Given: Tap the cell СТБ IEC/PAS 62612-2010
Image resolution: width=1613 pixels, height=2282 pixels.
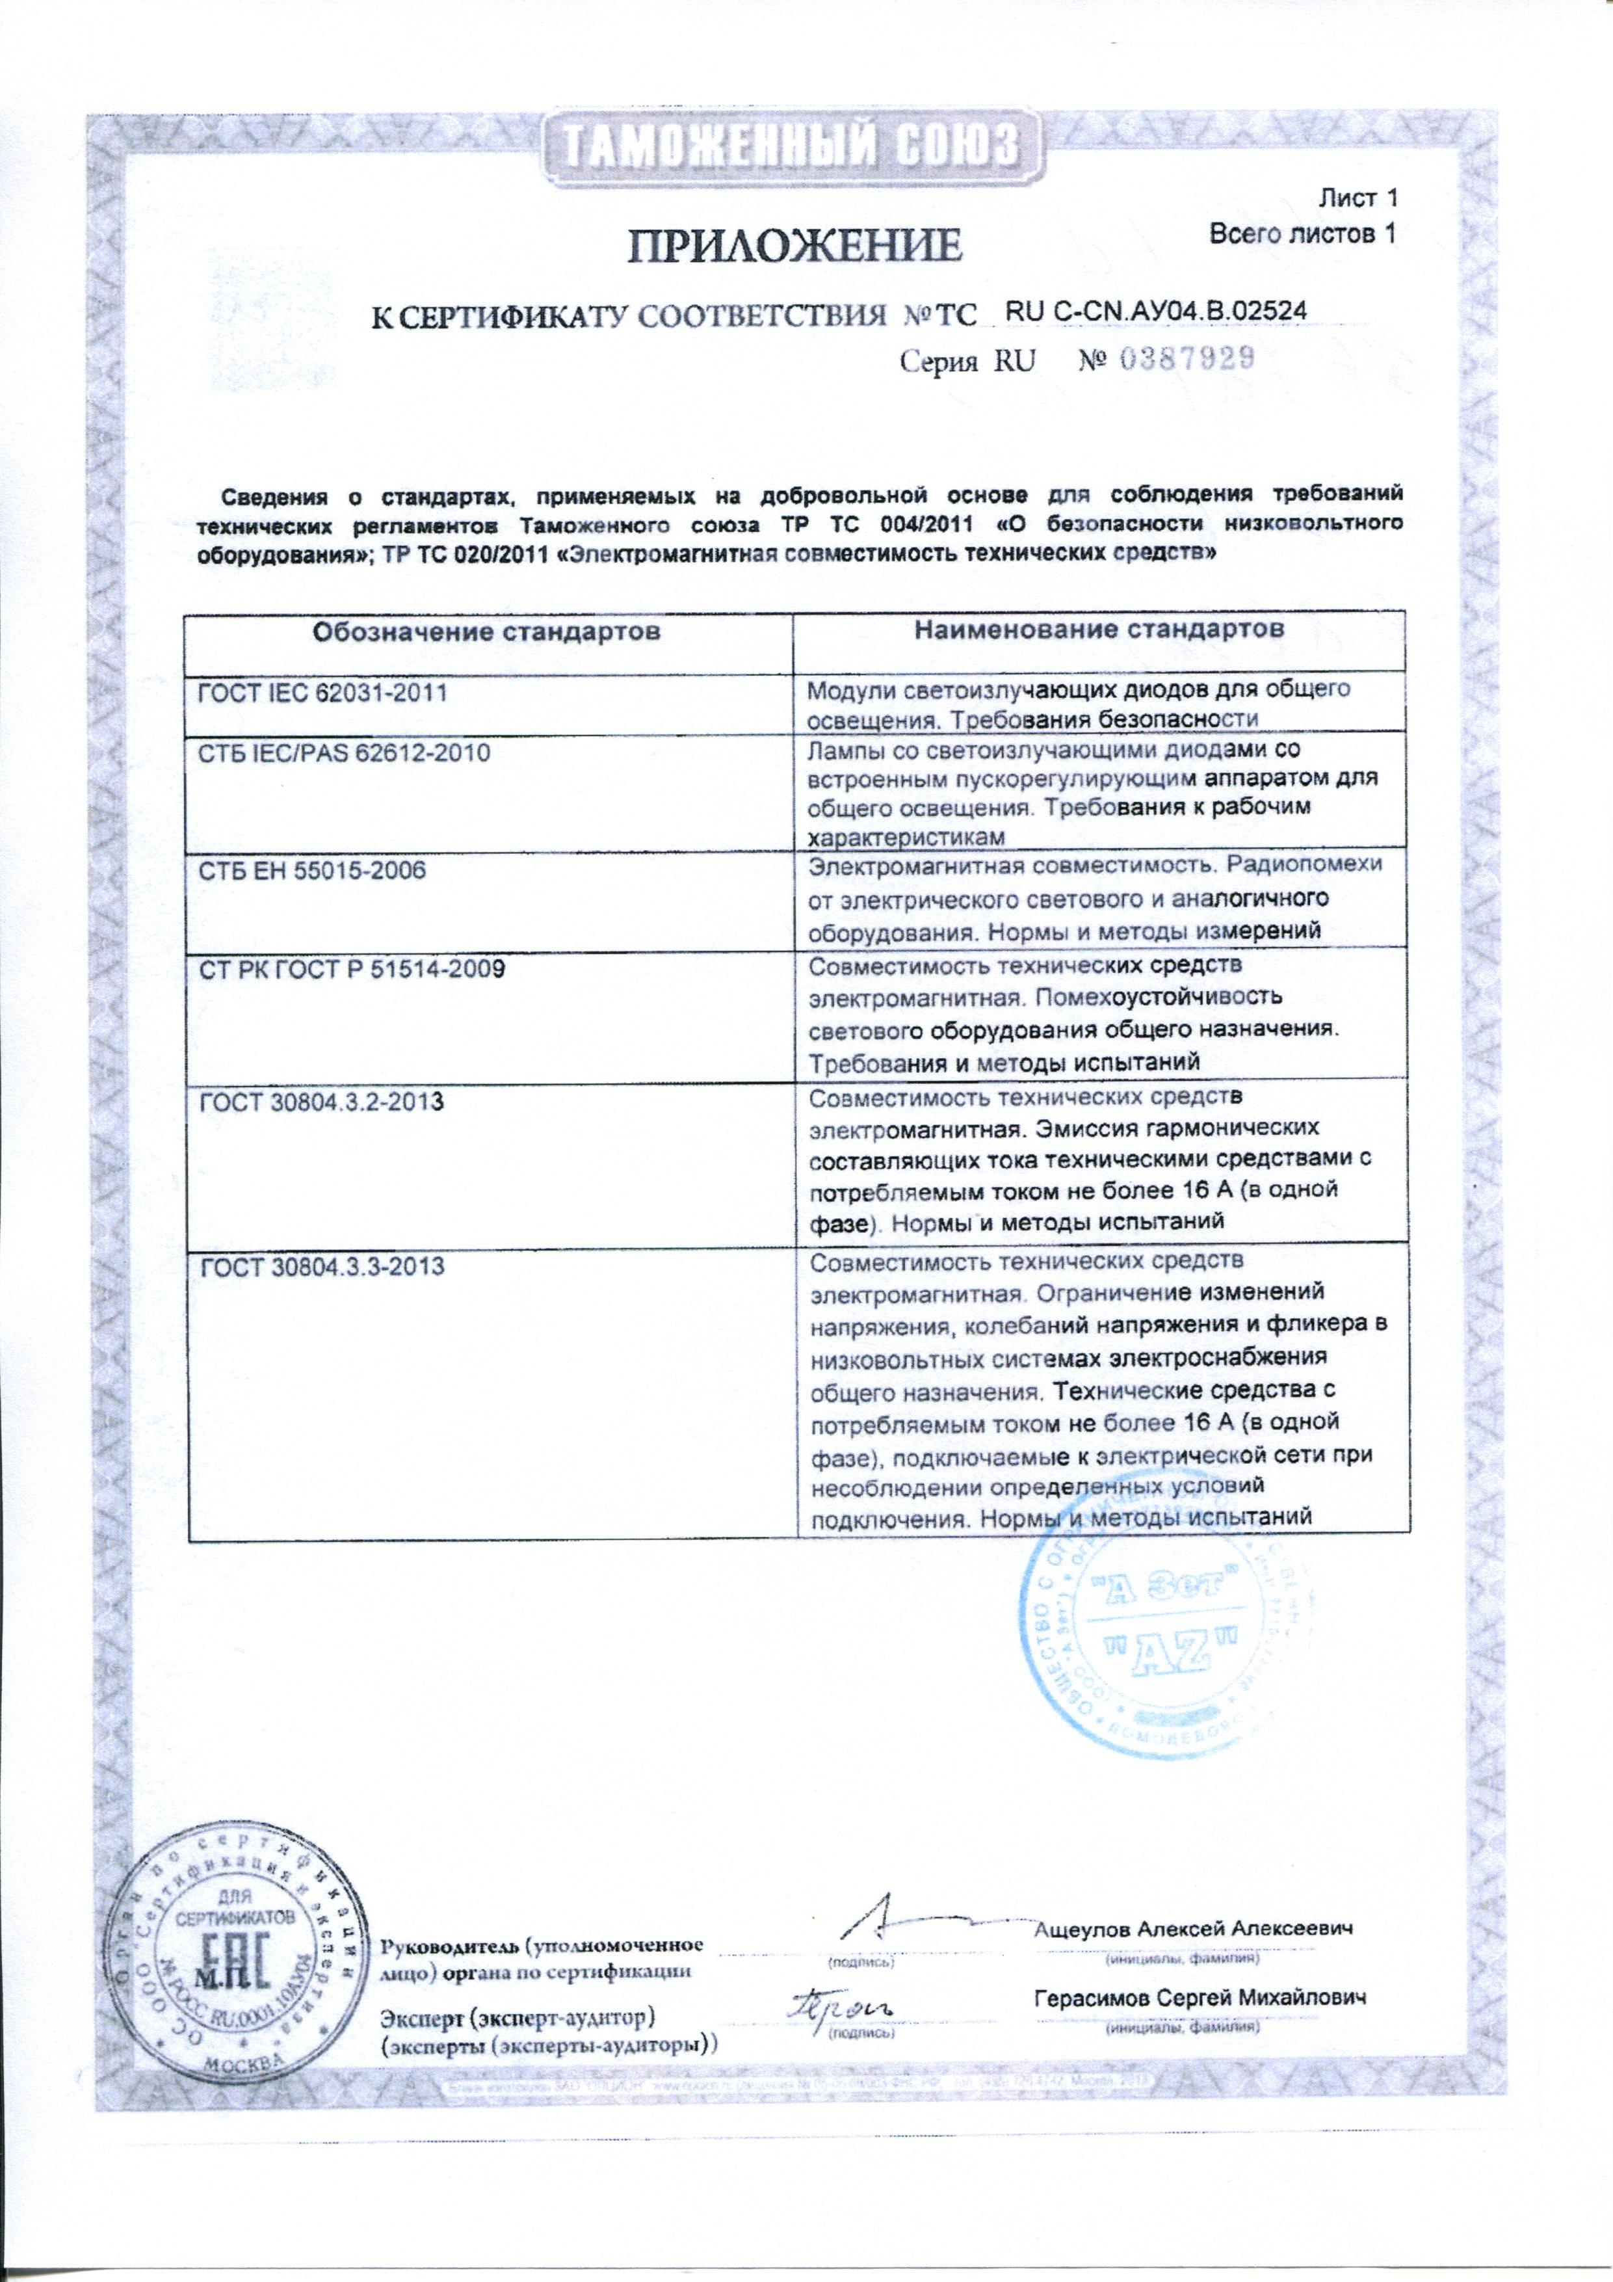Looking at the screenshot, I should tap(345, 753).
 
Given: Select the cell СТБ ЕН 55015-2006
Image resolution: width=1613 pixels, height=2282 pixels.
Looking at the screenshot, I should tap(313, 871).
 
